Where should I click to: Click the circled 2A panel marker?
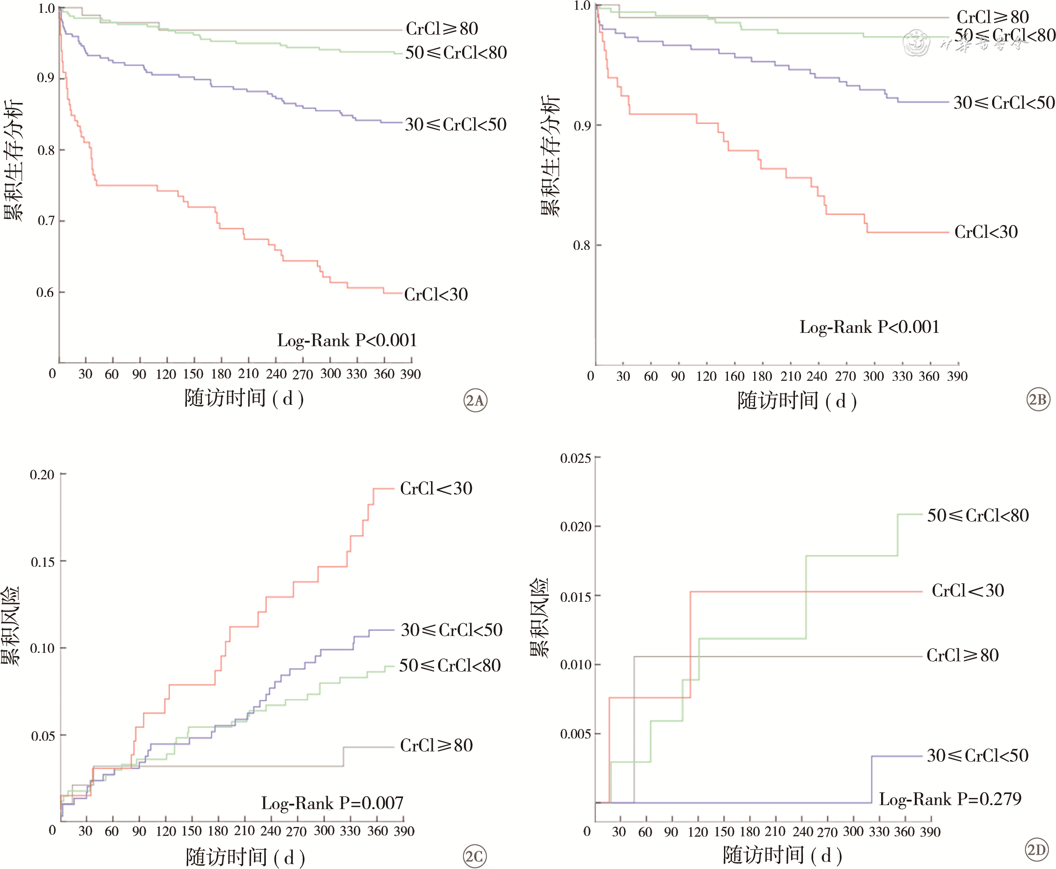coord(475,400)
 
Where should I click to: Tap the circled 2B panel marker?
coord(1038,399)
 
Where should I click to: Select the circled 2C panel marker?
coord(474,856)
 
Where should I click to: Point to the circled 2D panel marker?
coord(1036,850)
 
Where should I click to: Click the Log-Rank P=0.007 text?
coord(332,803)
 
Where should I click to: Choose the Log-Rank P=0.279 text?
coord(950,799)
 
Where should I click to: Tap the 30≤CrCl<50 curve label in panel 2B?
coord(1004,103)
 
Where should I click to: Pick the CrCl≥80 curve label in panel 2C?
coord(436,745)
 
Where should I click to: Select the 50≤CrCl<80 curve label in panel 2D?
coord(978,516)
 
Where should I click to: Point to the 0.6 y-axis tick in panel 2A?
coord(45,292)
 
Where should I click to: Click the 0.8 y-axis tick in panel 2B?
coord(581,245)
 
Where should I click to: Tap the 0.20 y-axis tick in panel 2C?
coord(42,474)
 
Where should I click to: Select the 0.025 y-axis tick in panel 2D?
coord(575,458)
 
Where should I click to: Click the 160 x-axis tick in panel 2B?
coord(734,376)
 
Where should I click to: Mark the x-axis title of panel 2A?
coord(244,399)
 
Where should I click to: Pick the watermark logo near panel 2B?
coord(916,43)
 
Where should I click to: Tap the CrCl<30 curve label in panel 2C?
coord(436,489)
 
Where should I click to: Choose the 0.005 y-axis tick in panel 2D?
coord(575,734)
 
